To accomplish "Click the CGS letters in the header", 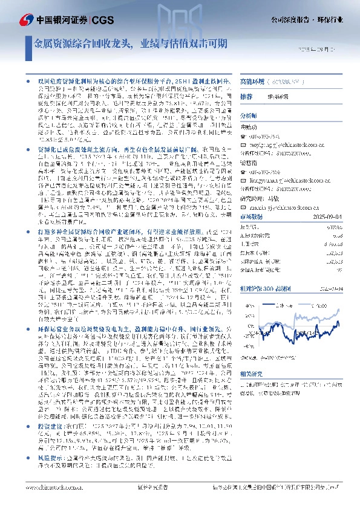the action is [102, 19].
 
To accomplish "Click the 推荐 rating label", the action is [246, 97].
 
